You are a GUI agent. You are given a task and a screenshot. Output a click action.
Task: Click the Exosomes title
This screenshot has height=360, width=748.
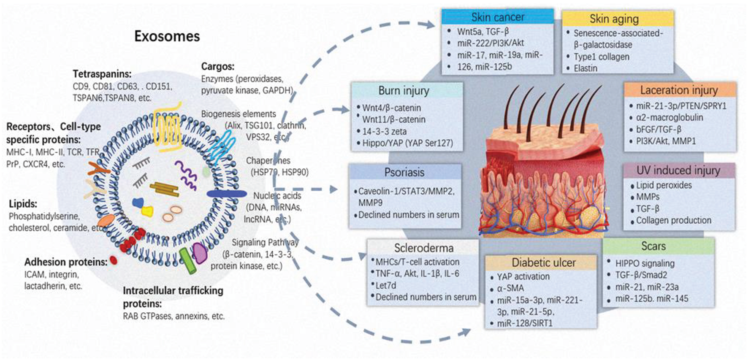[167, 36]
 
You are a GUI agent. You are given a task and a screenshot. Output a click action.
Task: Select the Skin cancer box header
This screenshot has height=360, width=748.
[497, 17]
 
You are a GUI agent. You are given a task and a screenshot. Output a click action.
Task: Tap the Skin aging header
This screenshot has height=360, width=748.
[614, 19]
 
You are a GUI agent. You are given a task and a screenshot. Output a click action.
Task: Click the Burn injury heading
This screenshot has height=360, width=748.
[404, 91]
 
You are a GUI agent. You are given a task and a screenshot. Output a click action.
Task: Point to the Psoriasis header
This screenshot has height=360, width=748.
[404, 172]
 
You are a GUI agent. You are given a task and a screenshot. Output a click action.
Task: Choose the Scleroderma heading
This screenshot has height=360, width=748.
[423, 248]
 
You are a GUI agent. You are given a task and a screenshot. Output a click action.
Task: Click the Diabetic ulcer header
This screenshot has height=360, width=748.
[543, 263]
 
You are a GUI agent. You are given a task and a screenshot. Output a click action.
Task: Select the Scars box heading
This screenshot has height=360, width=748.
[653, 246]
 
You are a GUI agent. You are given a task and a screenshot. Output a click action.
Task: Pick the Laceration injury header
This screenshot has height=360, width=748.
[678, 90]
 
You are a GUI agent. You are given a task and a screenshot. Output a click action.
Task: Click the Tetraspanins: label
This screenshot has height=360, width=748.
[102, 74]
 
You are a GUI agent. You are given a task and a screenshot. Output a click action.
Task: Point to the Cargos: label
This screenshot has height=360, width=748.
[217, 66]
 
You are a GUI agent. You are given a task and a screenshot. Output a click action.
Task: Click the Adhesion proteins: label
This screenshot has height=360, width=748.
[66, 262]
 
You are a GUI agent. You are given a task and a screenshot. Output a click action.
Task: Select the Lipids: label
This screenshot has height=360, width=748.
[23, 204]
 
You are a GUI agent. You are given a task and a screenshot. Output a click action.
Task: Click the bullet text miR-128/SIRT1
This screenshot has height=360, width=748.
[524, 323]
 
